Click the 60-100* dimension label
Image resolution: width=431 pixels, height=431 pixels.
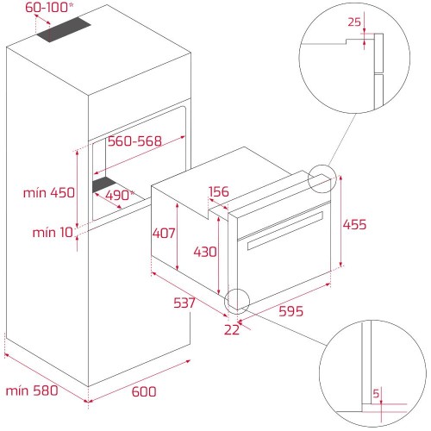pyautogui.click(x=49, y=8)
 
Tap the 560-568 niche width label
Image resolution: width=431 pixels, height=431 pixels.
pyautogui.click(x=134, y=141)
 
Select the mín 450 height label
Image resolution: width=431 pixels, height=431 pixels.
pyautogui.click(x=49, y=193)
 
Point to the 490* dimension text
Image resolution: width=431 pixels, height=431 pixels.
pyautogui.click(x=120, y=196)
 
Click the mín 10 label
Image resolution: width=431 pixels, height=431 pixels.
pyautogui.click(x=53, y=233)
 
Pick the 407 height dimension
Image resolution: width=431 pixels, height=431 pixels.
pyautogui.click(x=164, y=233)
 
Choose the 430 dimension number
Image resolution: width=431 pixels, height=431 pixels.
pyautogui.click(x=205, y=252)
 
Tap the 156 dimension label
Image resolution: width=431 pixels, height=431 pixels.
pyautogui.click(x=219, y=191)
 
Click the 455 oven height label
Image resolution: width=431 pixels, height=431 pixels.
pyautogui.click(x=354, y=224)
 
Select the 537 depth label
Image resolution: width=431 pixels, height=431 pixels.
pyautogui.click(x=184, y=303)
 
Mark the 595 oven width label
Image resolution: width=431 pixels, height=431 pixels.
pyautogui.click(x=290, y=311)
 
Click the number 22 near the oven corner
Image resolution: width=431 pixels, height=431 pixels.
pyautogui.click(x=232, y=330)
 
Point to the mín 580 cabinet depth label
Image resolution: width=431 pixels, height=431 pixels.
pyautogui.click(x=32, y=390)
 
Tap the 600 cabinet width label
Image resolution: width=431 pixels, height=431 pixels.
pyautogui.click(x=144, y=391)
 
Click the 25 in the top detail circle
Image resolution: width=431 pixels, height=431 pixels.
pyautogui.click(x=354, y=22)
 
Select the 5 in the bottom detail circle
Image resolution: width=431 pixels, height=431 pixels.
pyautogui.click(x=376, y=393)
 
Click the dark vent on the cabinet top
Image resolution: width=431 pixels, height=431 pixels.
pyautogui.click(x=64, y=29)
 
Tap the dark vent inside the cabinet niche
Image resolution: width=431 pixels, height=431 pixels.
pyautogui.click(x=104, y=184)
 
